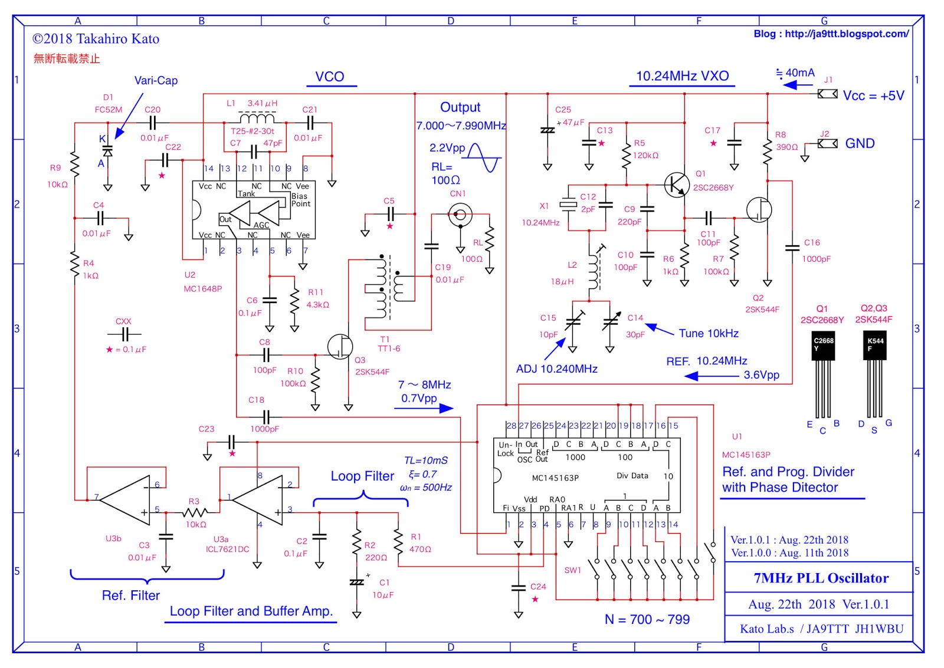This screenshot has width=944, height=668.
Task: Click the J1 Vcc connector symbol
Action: [x=827, y=94]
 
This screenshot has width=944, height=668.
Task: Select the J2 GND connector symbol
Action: [x=827, y=143]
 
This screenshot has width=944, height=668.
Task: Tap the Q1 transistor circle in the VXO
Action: [x=676, y=185]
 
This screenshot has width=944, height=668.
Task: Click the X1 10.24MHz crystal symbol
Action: [x=568, y=205]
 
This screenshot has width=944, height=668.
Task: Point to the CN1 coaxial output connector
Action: [x=460, y=215]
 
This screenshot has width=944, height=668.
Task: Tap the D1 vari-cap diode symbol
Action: [x=107, y=150]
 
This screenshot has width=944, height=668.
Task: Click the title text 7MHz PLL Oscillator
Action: [x=821, y=578]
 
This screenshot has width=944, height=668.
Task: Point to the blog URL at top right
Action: [x=831, y=34]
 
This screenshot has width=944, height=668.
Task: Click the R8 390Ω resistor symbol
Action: [x=767, y=152]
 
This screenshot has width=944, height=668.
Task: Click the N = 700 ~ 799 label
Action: [x=647, y=619]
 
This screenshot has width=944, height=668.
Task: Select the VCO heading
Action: [x=329, y=77]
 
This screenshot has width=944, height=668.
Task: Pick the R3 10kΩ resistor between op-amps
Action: [x=194, y=512]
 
